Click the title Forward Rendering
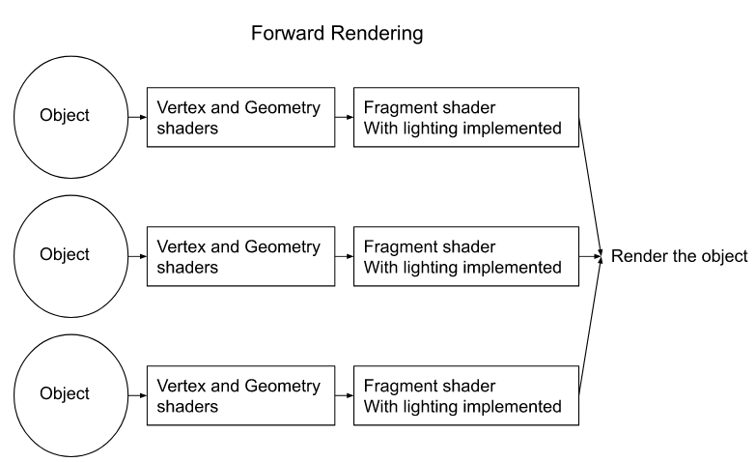coord(336,35)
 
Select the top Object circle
coord(65,116)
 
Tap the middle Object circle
coord(65,255)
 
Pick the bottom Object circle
coord(65,394)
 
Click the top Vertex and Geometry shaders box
coord(239,117)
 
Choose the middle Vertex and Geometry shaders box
coord(239,257)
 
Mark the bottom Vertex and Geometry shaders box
coord(239,394)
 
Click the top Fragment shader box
coord(466,117)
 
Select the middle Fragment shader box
coord(466,257)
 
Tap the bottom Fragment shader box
coord(466,394)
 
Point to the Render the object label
coord(679,257)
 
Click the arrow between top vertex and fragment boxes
coord(343,116)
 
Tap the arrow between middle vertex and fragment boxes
coord(343,257)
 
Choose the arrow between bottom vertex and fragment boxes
coord(343,394)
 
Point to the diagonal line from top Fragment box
coord(591,184)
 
